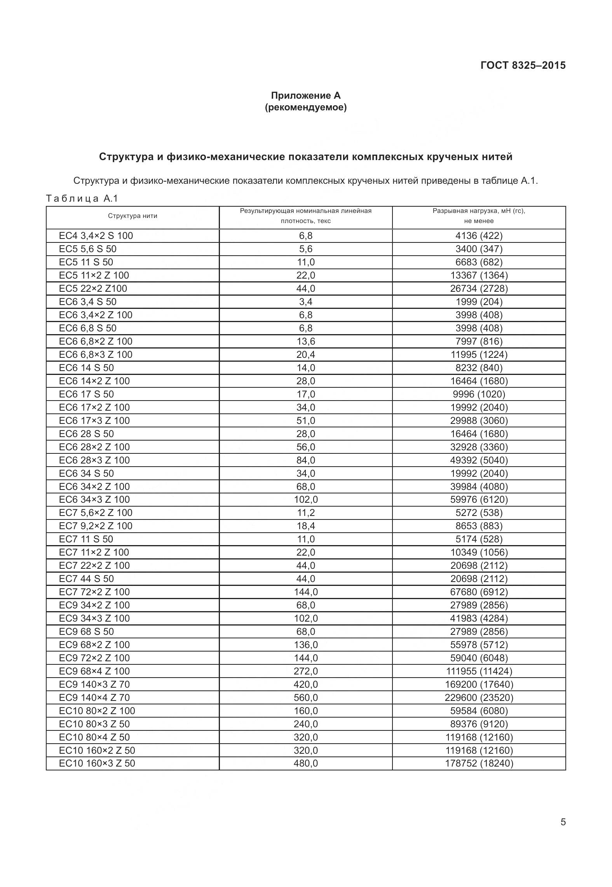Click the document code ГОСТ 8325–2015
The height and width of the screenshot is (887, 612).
pos(523,65)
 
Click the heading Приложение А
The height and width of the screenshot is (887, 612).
pos(305,96)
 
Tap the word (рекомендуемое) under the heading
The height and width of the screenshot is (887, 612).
pos(305,107)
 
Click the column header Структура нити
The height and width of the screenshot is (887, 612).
pos(133,216)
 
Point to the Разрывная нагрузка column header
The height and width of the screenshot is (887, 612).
pos(479,216)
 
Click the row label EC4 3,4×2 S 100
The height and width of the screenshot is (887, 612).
pos(96,236)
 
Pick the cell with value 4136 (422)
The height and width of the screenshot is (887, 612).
pos(479,236)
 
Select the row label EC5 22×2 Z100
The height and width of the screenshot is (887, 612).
pos(93,289)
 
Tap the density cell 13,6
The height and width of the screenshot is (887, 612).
pos(305,342)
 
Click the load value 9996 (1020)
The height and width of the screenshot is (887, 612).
pos(479,394)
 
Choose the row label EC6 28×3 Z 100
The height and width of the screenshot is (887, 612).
pos(94,460)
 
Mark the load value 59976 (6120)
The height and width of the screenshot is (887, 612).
pos(479,500)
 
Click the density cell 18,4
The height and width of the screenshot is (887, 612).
pos(305,526)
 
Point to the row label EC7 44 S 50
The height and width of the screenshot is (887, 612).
pos(86,579)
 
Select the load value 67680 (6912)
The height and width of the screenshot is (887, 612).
pos(479,592)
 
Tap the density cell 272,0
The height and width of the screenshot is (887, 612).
pos(305,671)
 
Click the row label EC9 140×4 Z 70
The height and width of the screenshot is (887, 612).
pos(94,698)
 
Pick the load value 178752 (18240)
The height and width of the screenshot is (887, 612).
pos(479,763)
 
